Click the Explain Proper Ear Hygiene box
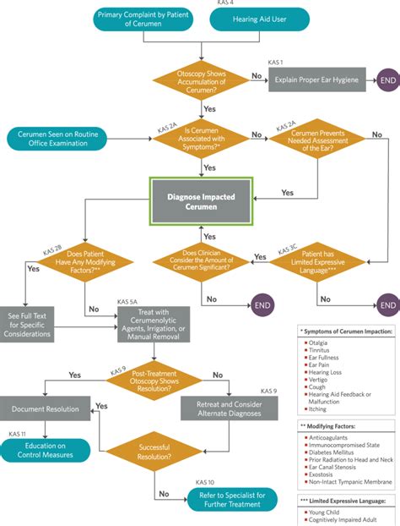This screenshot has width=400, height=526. (316, 81)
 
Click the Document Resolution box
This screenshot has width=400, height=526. (51, 408)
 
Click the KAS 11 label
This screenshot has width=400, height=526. (17, 433)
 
